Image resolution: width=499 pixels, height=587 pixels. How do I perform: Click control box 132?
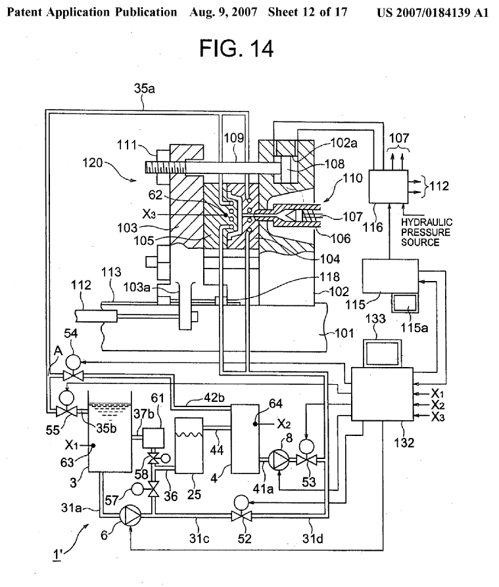(381, 394)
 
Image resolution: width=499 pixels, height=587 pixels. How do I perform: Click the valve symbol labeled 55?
(65, 412)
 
